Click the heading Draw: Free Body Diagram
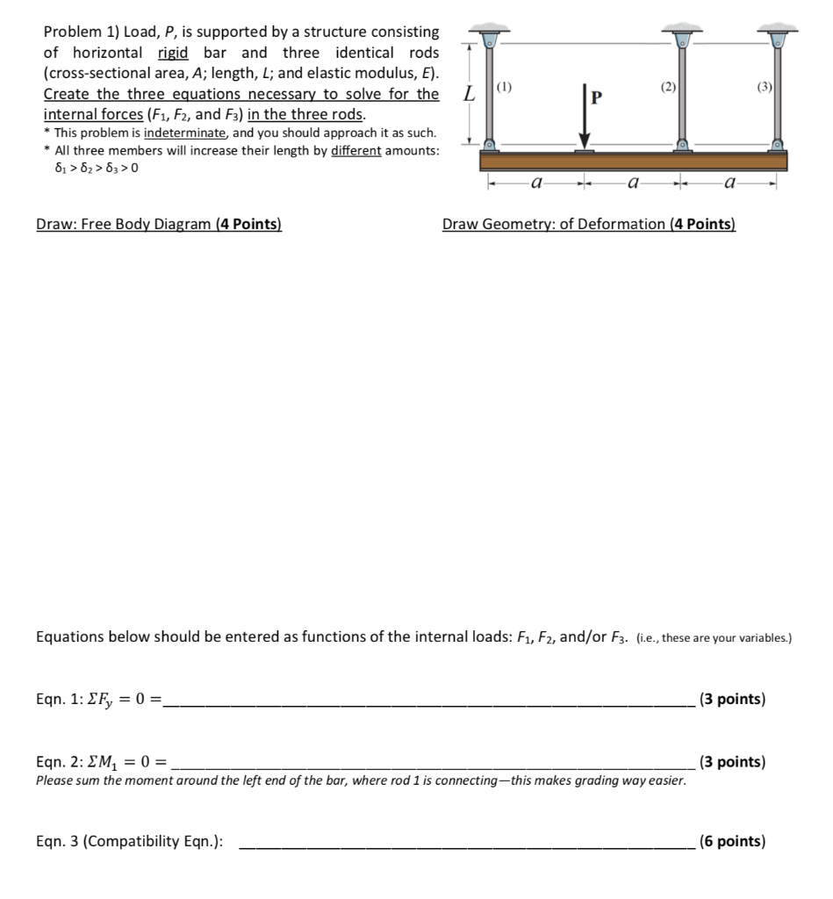coord(159,224)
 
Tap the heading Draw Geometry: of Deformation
coord(589,224)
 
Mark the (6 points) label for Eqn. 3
coord(732,841)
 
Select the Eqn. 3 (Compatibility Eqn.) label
coord(129,842)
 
